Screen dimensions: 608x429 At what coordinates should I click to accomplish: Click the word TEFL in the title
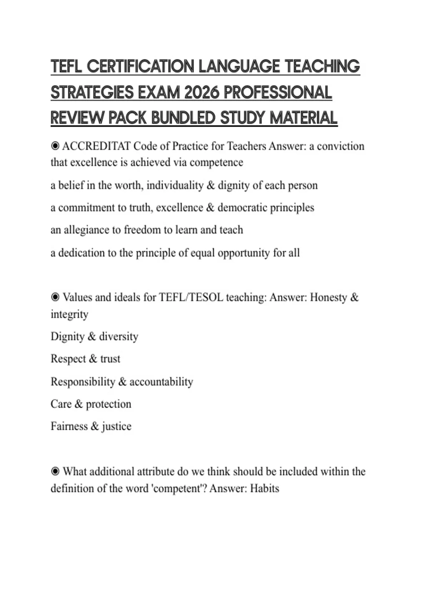pyautogui.click(x=66, y=67)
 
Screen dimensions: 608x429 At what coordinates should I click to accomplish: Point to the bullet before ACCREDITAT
pyautogui.click(x=55, y=146)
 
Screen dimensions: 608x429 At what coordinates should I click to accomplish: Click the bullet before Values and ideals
pyautogui.click(x=55, y=297)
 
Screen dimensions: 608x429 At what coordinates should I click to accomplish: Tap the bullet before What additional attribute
pyautogui.click(x=55, y=471)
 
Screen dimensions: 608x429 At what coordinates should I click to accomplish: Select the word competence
pyautogui.click(x=216, y=162)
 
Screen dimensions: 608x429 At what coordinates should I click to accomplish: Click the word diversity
pyautogui.click(x=119, y=337)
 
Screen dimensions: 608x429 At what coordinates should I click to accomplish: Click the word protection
pyautogui.click(x=108, y=404)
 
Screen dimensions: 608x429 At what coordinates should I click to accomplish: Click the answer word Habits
pyautogui.click(x=265, y=489)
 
